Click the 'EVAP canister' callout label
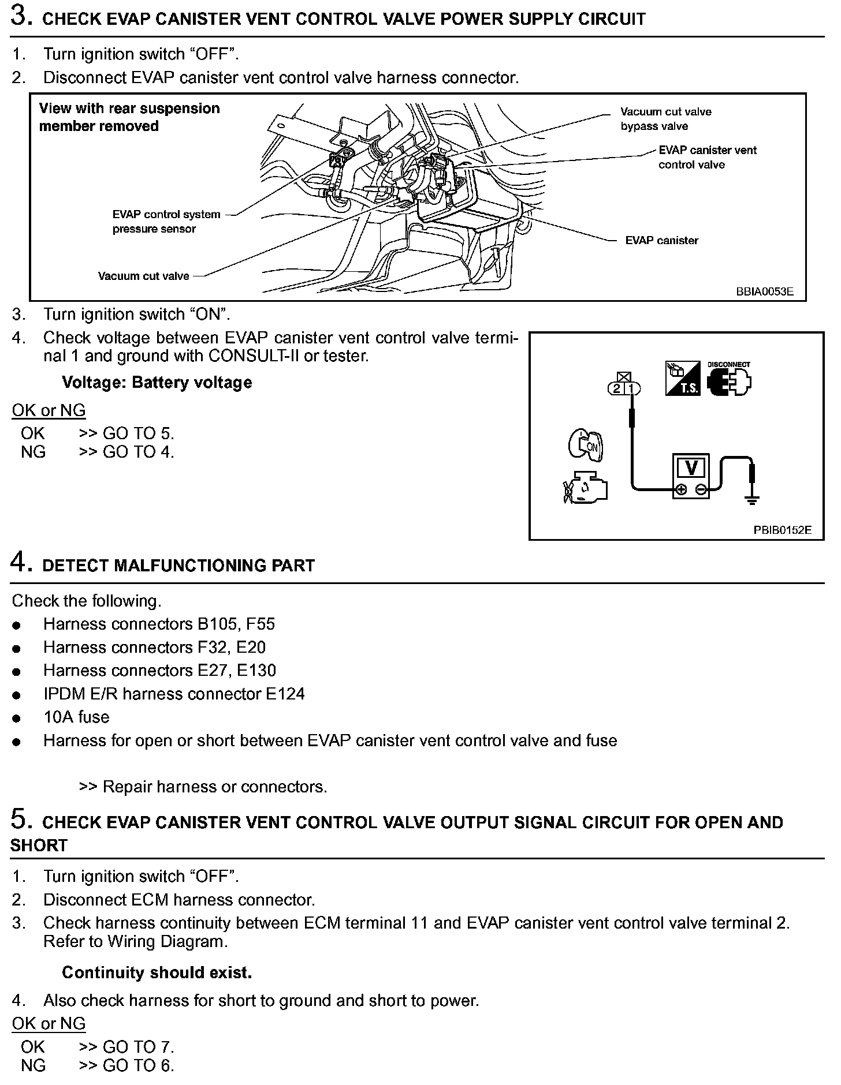661,241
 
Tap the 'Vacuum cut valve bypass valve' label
665,119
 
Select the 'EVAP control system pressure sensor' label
166,222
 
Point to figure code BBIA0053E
764,291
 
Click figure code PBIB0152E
782,530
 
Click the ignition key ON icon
586,445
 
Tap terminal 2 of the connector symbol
617,389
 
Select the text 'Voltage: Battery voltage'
157,383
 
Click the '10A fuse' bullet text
76,717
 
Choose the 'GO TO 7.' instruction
138,1046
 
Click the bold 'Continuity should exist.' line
157,972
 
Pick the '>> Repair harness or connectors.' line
203,787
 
